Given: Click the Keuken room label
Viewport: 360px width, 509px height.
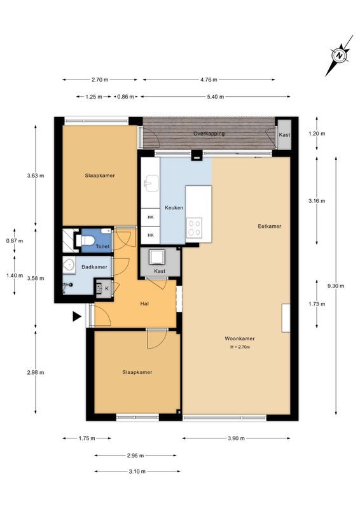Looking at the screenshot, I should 174,208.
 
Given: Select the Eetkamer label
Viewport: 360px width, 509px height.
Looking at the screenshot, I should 269,226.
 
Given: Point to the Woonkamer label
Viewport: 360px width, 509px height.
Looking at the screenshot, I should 239,338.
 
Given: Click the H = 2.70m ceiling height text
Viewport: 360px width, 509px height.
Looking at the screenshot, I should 240,347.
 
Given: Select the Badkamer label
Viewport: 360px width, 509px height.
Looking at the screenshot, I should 94,267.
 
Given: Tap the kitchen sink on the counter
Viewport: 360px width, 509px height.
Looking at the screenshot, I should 150,185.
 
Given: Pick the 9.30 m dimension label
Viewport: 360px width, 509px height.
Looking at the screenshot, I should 336,286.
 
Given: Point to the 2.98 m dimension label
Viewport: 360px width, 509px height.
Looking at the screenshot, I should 35,373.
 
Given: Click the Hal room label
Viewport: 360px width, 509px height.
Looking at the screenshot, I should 144,303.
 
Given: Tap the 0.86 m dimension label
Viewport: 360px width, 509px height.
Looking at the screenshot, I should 125,97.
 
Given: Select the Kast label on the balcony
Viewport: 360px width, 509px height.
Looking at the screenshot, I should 284,135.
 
